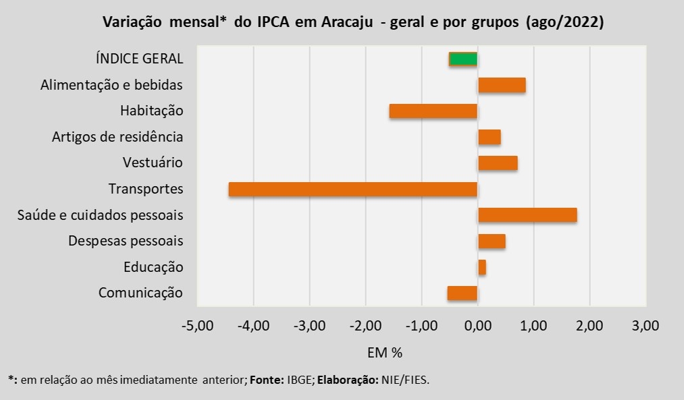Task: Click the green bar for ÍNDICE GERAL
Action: point(463,59)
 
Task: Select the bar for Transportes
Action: point(353,190)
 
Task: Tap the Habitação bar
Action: point(433,111)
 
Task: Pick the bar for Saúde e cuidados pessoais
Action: point(527,215)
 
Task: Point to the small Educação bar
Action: point(482,267)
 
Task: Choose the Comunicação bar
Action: point(463,293)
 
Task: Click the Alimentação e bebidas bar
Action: point(502,85)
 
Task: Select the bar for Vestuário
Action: point(498,163)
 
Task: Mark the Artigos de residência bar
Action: point(490,137)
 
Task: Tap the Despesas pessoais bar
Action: point(492,241)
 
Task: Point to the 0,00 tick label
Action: point(478,326)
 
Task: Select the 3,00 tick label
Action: point(646,326)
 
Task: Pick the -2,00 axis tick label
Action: point(365,326)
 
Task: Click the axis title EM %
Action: point(385,352)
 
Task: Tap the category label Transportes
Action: point(146,190)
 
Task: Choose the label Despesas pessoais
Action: point(126,241)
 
